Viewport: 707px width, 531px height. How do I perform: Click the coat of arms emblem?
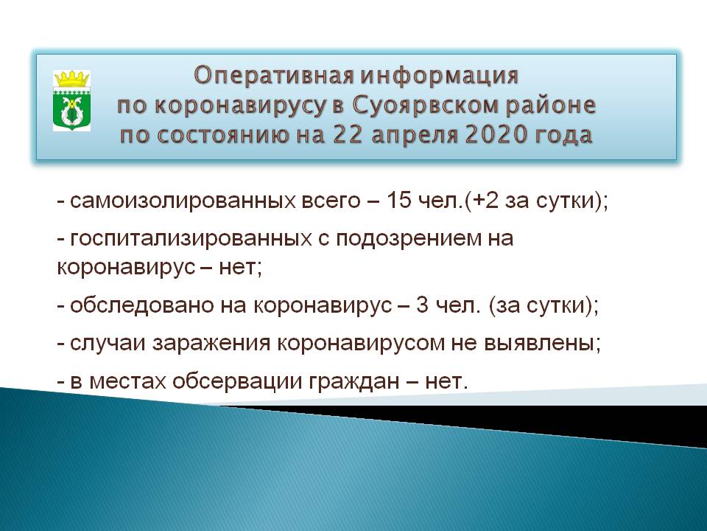coord(71,101)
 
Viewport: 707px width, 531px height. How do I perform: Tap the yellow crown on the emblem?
coord(71,79)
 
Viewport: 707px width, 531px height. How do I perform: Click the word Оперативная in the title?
coord(274,76)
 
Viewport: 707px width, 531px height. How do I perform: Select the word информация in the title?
coord(440,76)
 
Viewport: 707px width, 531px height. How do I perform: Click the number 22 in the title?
coord(348,135)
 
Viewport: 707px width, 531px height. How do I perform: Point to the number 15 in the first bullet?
coord(399,201)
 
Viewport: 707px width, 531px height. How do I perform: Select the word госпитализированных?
coord(191,239)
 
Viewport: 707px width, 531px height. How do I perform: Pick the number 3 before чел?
coord(422,305)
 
